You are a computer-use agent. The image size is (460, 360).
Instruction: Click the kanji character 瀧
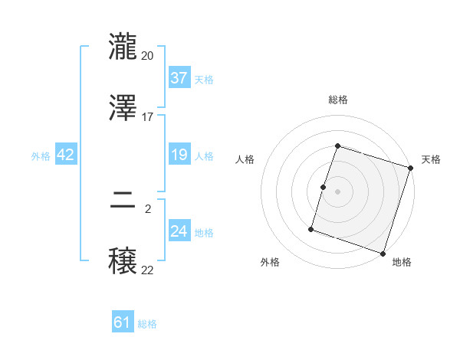(124, 48)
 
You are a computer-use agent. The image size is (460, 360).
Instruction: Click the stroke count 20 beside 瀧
(148, 56)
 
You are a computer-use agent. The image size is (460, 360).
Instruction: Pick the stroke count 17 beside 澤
(148, 116)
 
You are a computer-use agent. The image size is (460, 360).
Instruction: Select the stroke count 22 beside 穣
(148, 270)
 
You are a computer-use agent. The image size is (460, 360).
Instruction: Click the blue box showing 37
(179, 78)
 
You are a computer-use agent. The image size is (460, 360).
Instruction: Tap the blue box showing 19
(179, 155)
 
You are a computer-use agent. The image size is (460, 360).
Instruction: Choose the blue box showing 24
(179, 231)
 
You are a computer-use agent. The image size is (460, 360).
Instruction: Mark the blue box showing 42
(66, 155)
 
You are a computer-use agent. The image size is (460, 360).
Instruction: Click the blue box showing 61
(123, 323)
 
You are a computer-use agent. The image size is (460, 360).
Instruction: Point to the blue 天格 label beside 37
(204, 80)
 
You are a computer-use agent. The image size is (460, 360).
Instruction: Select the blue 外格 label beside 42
(41, 156)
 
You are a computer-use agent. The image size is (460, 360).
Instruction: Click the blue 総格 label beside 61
(147, 324)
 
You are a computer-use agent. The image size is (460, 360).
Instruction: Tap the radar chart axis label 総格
(338, 100)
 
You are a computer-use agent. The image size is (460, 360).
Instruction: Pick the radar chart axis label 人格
(245, 160)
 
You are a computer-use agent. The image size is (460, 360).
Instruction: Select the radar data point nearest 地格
(383, 254)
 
